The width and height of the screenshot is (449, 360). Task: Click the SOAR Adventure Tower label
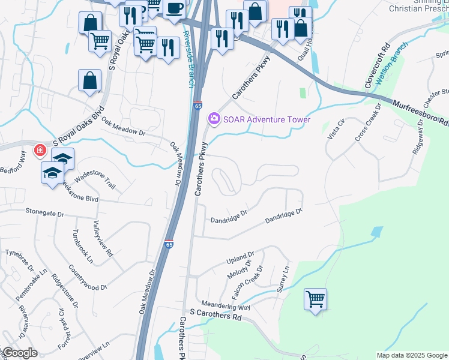pyautogui.click(x=267, y=119)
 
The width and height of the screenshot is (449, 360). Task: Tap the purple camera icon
pyautogui.click(x=214, y=119)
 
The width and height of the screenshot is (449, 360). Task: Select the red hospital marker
pyautogui.click(x=40, y=150)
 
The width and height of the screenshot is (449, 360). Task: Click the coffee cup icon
pyautogui.click(x=174, y=8)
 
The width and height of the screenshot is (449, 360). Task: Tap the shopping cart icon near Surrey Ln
pyautogui.click(x=315, y=298)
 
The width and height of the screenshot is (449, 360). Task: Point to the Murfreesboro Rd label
pyautogui.click(x=421, y=112)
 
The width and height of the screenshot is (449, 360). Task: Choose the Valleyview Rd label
pyautogui.click(x=103, y=238)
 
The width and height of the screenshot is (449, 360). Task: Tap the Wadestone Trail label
pyautogui.click(x=94, y=178)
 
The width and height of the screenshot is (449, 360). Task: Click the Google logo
pyautogui.click(x=19, y=353)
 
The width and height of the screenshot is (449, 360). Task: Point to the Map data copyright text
pyautogui.click(x=412, y=355)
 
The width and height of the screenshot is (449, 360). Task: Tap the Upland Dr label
pyautogui.click(x=240, y=259)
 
